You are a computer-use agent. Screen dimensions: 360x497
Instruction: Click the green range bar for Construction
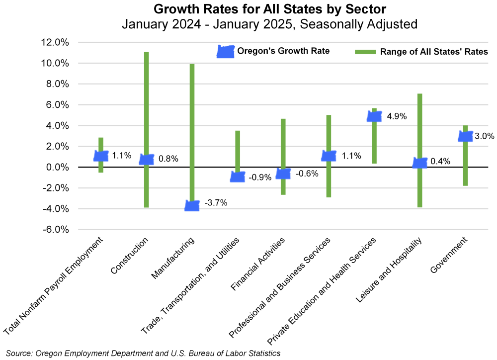tap(147, 99)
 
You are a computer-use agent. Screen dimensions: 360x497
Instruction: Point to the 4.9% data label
tap(397, 116)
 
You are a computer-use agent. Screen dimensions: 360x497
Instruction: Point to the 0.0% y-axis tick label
tap(57, 167)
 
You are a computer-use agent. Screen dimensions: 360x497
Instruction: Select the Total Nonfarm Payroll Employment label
tap(55, 286)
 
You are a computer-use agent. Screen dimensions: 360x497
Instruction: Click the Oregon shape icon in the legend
tap(226, 51)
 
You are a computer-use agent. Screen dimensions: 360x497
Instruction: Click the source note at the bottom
tap(144, 353)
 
